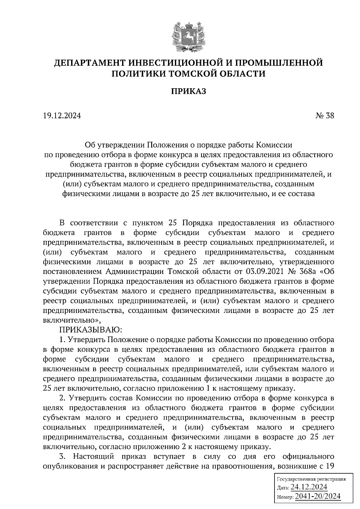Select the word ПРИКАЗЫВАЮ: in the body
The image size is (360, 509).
pyautogui.click(x=90, y=330)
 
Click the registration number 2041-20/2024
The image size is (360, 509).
pyautogui.click(x=318, y=496)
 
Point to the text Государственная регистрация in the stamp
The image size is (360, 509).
pyautogui.click(x=311, y=479)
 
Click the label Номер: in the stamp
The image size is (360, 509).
pyautogui.click(x=285, y=498)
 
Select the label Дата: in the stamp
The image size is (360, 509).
pyautogui.click(x=283, y=488)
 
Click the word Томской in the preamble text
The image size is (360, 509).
pyautogui.click(x=181, y=272)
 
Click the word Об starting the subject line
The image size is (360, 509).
pyautogui.click(x=90, y=145)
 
